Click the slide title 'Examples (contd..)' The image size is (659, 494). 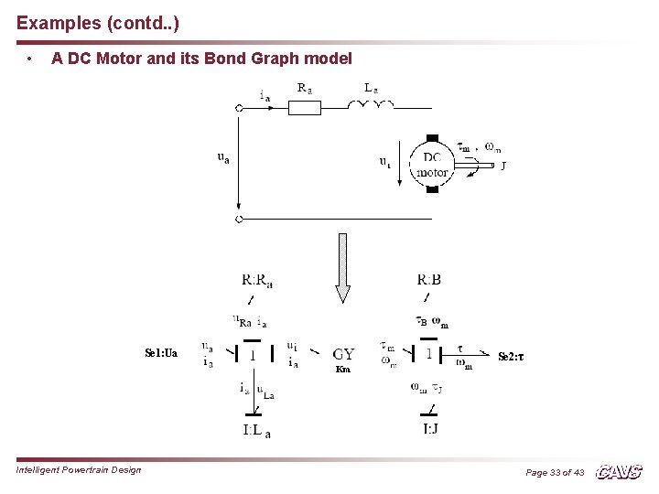click(92, 20)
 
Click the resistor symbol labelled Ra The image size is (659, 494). click(305, 108)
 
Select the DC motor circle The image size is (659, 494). click(432, 165)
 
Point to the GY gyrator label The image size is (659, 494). click(344, 354)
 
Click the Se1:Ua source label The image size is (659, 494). click(161, 352)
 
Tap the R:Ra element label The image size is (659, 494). click(257, 280)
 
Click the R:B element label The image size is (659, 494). click(428, 280)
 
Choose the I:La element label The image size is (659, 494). click(256, 430)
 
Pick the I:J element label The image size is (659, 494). click(429, 428)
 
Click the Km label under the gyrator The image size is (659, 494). click(343, 370)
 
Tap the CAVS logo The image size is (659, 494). click(620, 472)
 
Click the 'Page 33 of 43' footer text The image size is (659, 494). click(555, 473)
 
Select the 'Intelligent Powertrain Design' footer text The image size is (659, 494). click(79, 470)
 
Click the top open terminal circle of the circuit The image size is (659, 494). click(239, 108)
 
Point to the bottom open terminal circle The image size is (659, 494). click(239, 220)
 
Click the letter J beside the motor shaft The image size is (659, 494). click(503, 166)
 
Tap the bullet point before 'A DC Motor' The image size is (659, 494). click(31, 59)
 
